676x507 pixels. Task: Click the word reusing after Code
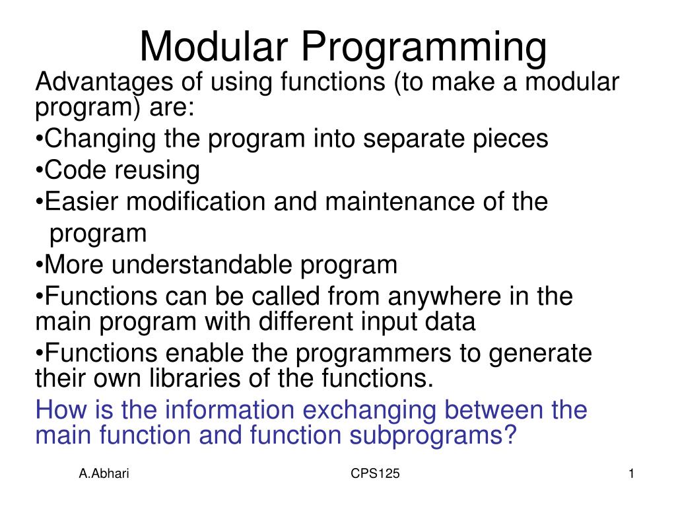point(158,170)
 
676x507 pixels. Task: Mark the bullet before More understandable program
point(39,265)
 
